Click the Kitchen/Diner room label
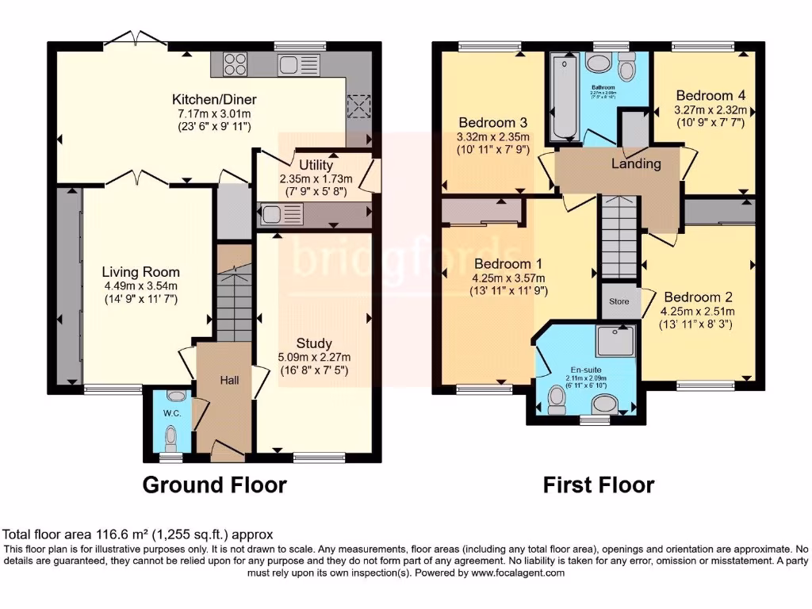coord(214,100)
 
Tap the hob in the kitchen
coord(235,63)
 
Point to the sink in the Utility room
coord(272,213)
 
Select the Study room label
coord(314,343)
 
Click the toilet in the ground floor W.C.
coord(170,438)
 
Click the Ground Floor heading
coord(214,485)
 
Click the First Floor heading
coord(599,485)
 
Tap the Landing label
coord(636,164)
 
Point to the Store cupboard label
coord(619,301)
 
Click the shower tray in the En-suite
coord(617,341)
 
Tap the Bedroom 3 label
coord(493,123)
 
